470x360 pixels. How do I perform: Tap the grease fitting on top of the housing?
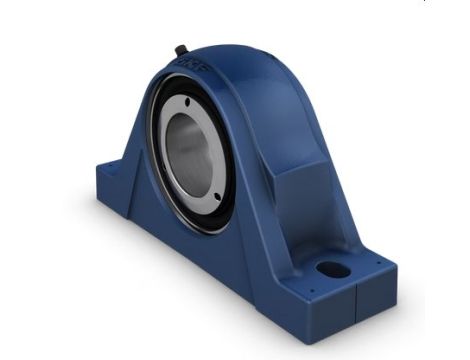[x=179, y=49]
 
